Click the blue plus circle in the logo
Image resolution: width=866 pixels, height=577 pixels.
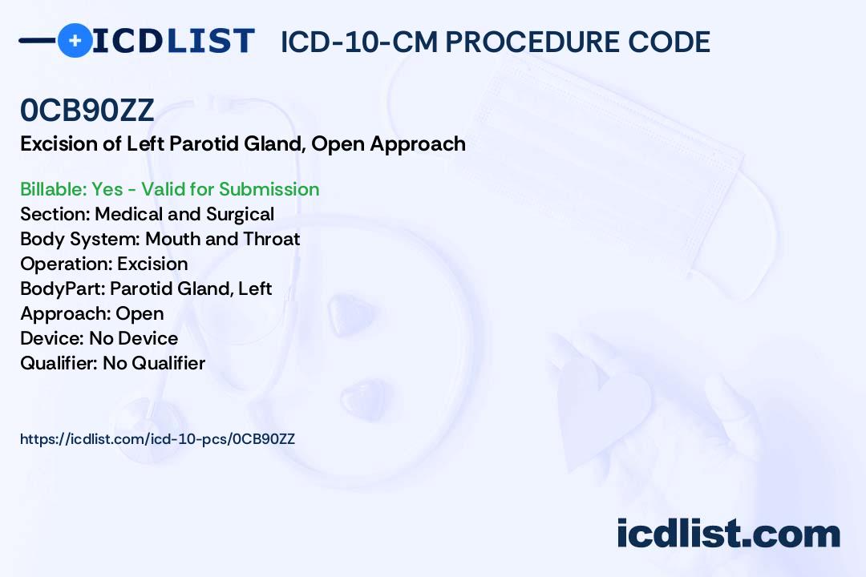75,41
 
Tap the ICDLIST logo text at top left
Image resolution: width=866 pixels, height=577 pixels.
172,41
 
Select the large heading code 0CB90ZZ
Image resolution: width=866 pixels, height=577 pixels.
87,111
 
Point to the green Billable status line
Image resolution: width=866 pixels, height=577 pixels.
169,189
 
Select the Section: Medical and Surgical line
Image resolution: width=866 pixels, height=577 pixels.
147,214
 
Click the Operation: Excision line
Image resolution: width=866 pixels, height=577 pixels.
103,264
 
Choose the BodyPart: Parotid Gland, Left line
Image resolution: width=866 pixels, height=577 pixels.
146,288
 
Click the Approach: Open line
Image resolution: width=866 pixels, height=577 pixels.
91,313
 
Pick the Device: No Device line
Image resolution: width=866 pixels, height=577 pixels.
99,338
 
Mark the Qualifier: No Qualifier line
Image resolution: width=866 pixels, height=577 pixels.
112,363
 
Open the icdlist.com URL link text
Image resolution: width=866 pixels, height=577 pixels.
157,439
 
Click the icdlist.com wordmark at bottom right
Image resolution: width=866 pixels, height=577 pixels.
728,535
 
